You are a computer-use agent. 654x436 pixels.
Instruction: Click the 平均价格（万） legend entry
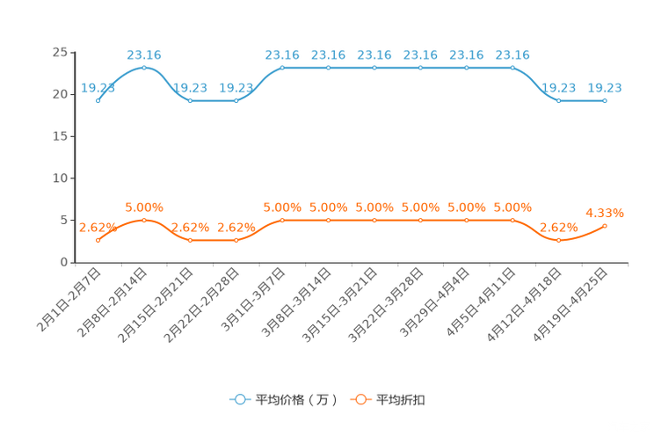[284, 400]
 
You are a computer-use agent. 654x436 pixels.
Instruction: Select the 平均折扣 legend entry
[388, 400]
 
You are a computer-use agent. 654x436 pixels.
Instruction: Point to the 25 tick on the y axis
[60, 53]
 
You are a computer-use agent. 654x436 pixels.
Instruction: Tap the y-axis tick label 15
[60, 136]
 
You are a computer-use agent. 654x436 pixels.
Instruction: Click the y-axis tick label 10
[60, 178]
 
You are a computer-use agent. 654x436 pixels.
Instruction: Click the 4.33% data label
[605, 214]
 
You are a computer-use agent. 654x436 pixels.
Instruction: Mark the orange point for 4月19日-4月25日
[605, 226]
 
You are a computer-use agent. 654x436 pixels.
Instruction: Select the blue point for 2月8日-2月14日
[144, 68]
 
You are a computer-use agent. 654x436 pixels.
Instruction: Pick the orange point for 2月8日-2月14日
[144, 221]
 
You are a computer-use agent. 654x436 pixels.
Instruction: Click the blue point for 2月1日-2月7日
[98, 100]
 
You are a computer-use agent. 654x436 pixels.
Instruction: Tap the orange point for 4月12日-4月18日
[558, 240]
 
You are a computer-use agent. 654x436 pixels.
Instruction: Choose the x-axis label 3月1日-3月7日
[253, 300]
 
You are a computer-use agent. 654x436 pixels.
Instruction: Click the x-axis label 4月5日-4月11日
[481, 302]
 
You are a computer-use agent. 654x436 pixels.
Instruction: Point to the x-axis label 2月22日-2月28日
[201, 305]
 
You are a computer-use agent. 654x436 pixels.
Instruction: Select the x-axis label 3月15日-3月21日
[339, 305]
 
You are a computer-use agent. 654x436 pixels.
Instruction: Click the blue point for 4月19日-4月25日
[605, 100]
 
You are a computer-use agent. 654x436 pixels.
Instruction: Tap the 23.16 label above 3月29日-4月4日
[466, 55]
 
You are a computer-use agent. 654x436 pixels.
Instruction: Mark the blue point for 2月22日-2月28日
[236, 100]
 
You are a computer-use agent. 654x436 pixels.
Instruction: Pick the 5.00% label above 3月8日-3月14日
[328, 207]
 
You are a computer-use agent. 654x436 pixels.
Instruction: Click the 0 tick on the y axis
[64, 262]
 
